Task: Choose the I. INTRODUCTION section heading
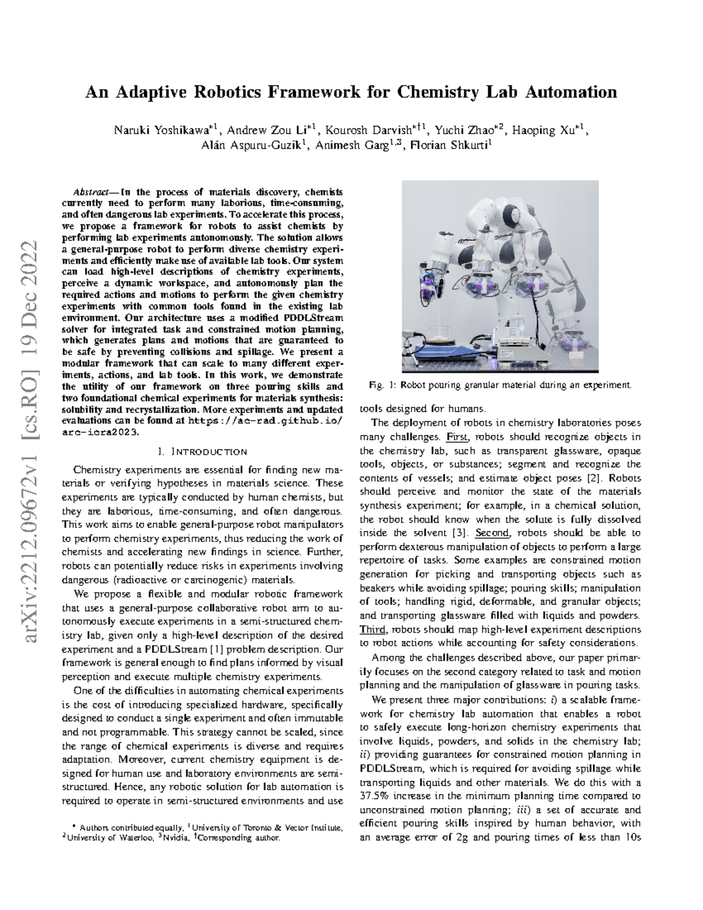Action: pos(202,452)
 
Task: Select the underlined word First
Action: pos(458,437)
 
